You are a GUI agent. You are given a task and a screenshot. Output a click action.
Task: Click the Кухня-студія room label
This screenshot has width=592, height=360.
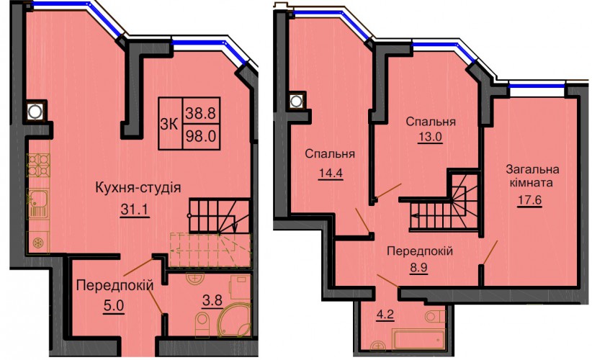coord(138,187)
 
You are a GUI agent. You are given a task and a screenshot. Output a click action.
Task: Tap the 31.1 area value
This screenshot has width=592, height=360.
coord(135,210)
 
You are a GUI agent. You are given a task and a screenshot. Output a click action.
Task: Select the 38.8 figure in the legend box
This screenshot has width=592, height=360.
coord(200,112)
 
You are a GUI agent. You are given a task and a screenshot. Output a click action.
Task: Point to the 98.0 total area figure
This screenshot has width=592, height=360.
coord(200,136)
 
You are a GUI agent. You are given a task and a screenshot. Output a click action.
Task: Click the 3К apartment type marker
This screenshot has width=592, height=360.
coord(169,124)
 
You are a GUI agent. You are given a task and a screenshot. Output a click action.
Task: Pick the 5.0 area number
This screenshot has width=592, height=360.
coord(114,305)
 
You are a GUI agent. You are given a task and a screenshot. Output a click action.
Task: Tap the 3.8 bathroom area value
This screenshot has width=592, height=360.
coord(212,301)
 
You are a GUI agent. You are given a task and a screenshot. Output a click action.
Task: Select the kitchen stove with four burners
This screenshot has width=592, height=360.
coord(38,165)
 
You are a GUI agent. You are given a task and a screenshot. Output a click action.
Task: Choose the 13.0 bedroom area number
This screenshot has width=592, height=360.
coord(430,137)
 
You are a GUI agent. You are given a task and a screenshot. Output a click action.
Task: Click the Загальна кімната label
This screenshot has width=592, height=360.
coord(532,176)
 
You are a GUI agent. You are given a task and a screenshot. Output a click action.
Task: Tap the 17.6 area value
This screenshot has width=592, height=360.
coord(529,199)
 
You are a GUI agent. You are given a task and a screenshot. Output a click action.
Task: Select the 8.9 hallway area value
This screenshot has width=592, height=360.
coord(418,268)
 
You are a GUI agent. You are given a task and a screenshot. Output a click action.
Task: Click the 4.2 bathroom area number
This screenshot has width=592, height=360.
coord(385,315)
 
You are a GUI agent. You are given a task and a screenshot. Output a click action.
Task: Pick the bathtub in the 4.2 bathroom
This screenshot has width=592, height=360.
coord(418,339)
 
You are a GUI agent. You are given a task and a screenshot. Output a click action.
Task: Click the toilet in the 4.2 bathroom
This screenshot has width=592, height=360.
coord(435,316)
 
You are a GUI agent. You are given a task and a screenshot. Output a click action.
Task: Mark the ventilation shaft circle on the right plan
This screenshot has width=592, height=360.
coord(297,101)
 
